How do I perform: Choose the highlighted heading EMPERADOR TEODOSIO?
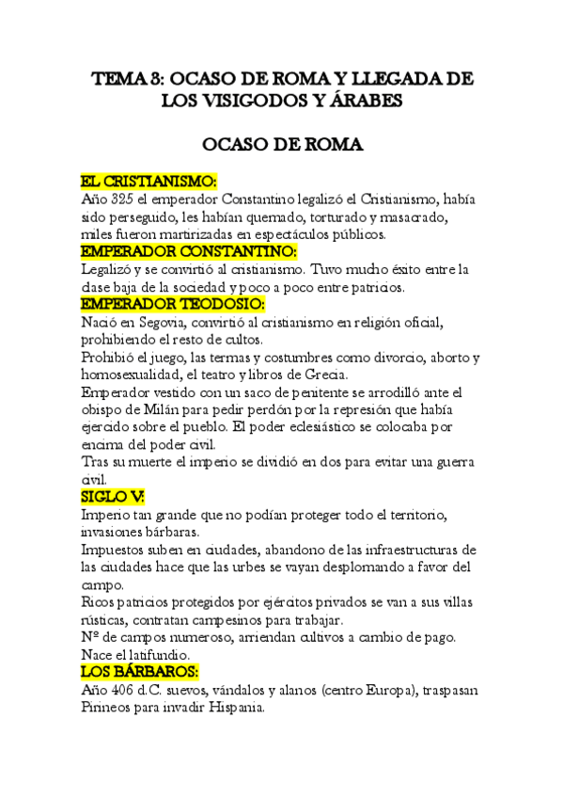click(173, 305)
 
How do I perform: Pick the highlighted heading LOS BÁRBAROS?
click(139, 671)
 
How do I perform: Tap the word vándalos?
click(242, 690)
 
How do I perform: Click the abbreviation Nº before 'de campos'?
click(91, 636)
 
